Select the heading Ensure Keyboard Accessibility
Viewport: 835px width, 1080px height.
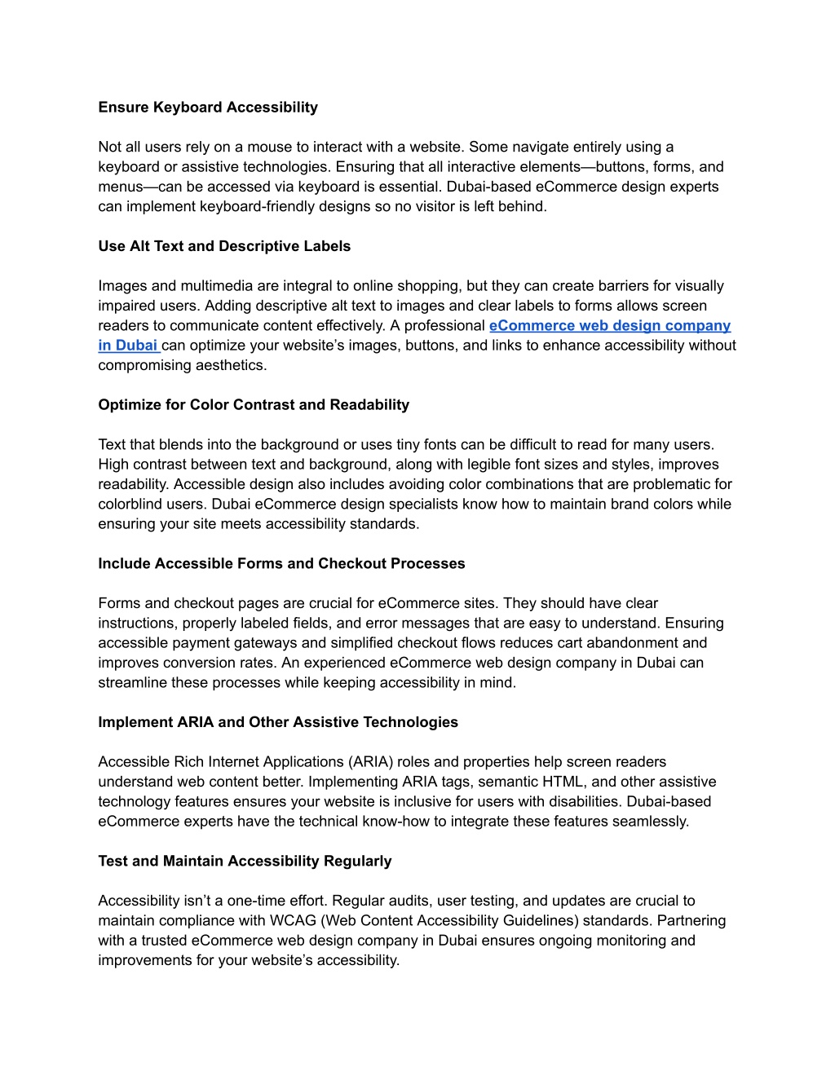[x=208, y=107]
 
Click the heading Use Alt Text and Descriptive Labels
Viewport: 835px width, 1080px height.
[x=224, y=246]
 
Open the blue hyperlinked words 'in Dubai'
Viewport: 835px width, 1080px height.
[x=128, y=345]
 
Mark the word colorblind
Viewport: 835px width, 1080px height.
[x=134, y=504]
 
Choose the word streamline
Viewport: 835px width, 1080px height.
[x=133, y=682]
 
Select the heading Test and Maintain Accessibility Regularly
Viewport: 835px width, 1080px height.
[x=245, y=861]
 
